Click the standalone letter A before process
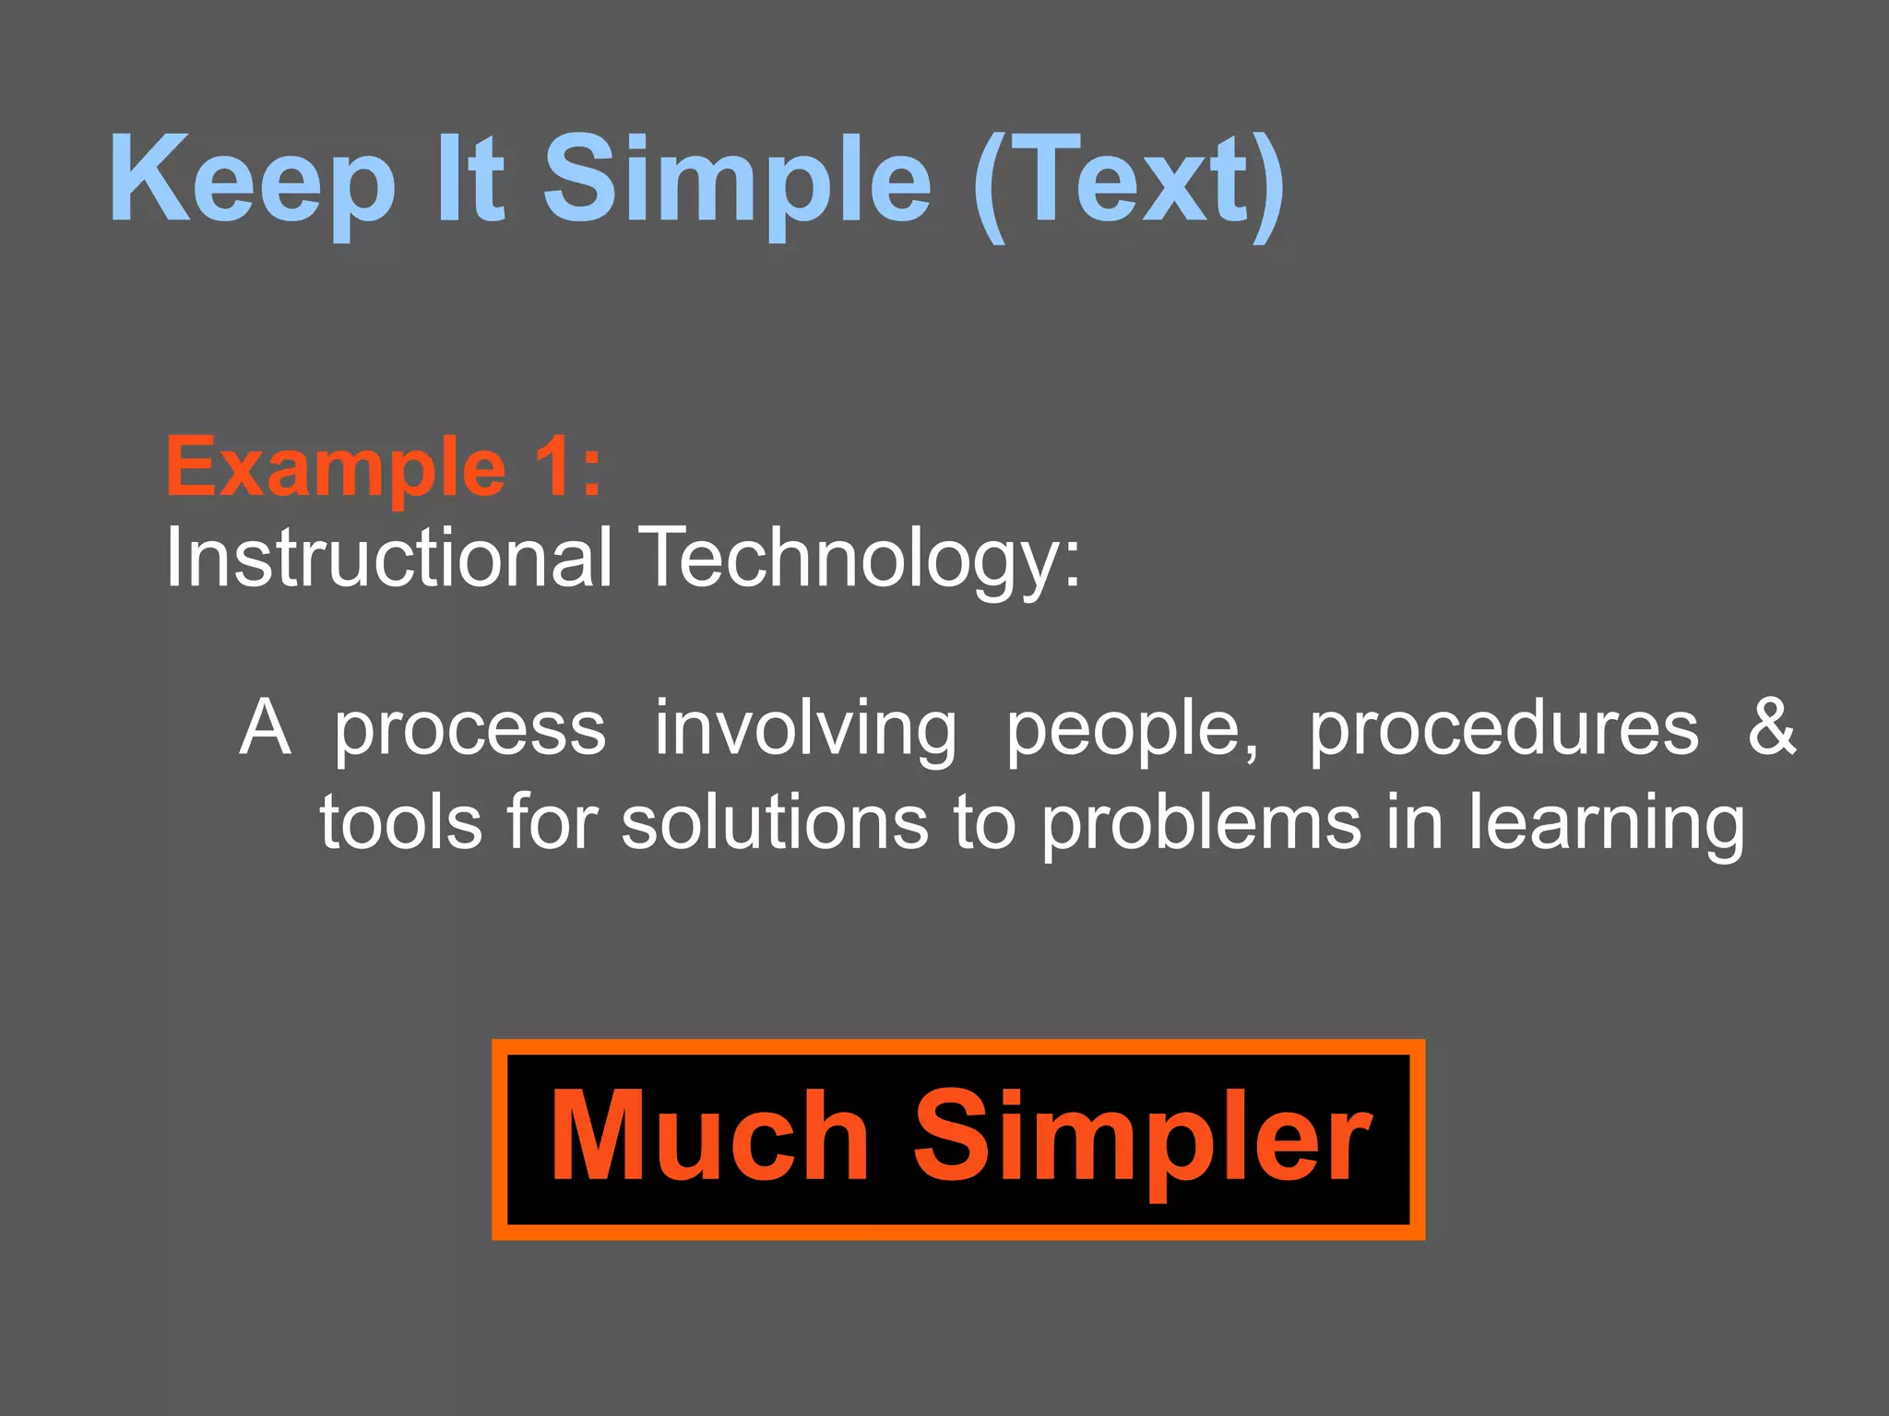[266, 727]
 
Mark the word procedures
[1503, 728]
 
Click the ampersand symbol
[1772, 726]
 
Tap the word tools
[401, 821]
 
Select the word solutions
[774, 821]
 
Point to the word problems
[1201, 823]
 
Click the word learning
[1606, 823]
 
